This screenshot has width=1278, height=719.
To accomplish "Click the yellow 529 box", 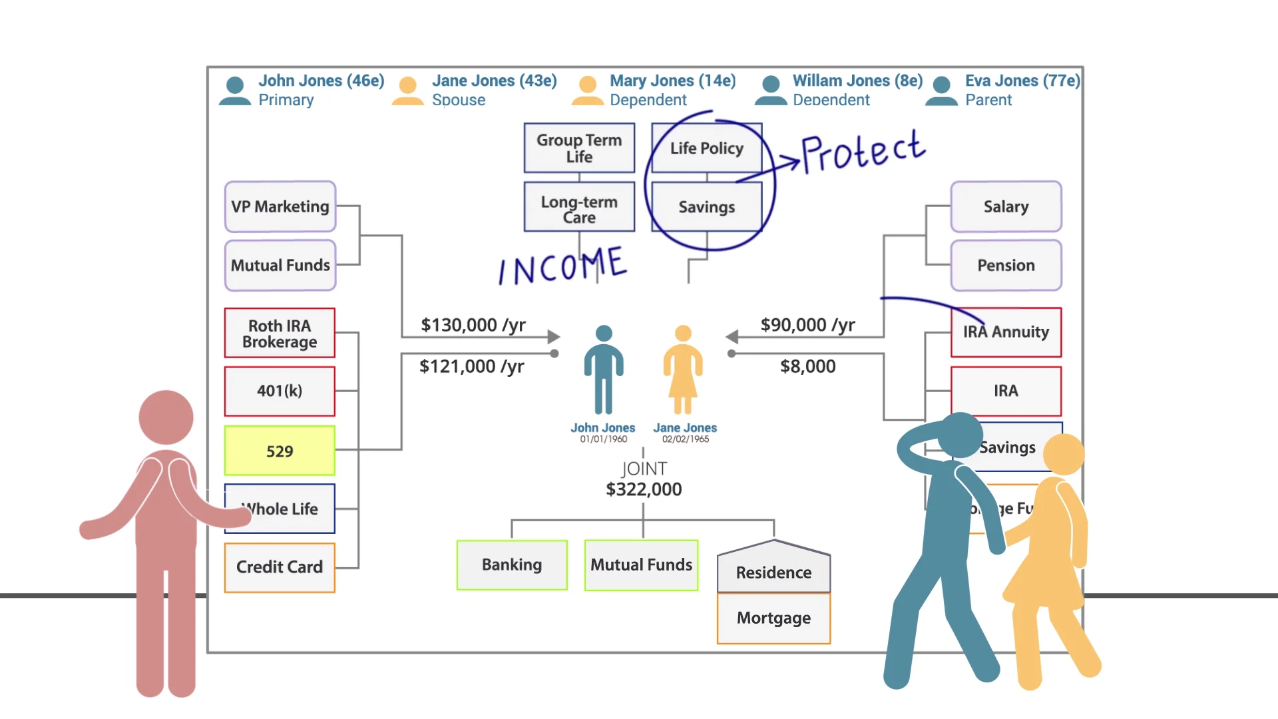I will [280, 451].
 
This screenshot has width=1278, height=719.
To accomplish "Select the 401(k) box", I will [280, 391].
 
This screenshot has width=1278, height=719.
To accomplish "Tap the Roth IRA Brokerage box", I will [280, 334].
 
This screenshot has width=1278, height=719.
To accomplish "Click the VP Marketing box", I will [280, 206].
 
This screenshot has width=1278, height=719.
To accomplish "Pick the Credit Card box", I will [280, 567].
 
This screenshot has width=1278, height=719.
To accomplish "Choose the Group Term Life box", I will [579, 148].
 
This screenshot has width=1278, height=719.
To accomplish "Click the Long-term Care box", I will [579, 209].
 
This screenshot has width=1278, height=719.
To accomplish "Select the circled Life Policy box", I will [706, 148].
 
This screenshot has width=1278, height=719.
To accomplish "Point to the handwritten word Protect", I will [863, 152].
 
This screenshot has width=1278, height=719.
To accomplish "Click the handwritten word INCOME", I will [563, 266].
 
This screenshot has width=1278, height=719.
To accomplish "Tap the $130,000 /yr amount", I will [473, 325].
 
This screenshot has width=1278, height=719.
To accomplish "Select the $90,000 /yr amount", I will [807, 325].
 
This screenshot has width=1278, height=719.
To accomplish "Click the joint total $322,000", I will [644, 489].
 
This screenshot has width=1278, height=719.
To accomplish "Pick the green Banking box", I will [512, 565].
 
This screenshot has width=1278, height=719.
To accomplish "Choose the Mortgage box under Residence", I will [773, 618].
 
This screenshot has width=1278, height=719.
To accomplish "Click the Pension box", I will [1006, 265].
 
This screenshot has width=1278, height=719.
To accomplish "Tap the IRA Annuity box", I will [1006, 332].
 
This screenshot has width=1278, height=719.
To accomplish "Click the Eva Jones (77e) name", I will [1022, 81].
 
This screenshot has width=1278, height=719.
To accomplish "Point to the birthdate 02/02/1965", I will [685, 439].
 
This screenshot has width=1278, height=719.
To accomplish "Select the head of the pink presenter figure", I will [166, 417].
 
